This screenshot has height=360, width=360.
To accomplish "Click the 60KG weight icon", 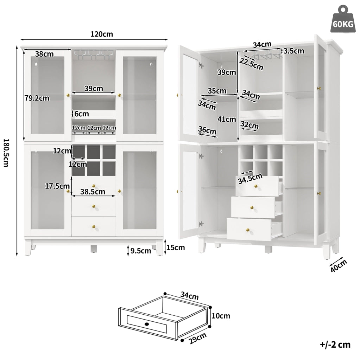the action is [x=342, y=20].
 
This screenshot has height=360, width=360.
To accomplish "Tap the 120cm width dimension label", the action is [x=102, y=34].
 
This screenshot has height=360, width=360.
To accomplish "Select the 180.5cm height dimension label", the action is [x=6, y=153].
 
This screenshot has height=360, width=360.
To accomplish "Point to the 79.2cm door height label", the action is [x=37, y=98].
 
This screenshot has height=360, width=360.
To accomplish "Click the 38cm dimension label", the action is [x=44, y=54].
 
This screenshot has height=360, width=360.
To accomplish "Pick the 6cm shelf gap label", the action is [x=82, y=114].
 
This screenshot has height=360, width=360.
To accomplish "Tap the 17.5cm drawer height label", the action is [x=57, y=186].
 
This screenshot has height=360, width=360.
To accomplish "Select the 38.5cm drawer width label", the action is [x=93, y=192].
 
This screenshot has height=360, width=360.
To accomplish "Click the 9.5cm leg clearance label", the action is [x=141, y=251].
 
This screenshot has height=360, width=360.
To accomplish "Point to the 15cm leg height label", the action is [x=176, y=247].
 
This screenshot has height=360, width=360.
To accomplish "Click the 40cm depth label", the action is [x=339, y=266].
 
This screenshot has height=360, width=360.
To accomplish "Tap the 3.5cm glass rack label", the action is [x=294, y=51].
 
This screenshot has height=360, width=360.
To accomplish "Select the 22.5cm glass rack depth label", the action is [x=251, y=64].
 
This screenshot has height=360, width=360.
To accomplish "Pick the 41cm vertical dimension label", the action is [x=227, y=119].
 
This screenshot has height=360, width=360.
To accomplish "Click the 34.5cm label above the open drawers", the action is [x=250, y=179].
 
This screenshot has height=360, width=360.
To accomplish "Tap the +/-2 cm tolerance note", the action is [x=335, y=345].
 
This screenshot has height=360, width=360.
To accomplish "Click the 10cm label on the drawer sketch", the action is [x=221, y=316].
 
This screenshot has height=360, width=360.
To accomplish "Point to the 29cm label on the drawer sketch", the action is [x=198, y=339].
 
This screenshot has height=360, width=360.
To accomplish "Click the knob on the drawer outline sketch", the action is [x=147, y=324].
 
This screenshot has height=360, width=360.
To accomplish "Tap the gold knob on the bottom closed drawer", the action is [x=94, y=227].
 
